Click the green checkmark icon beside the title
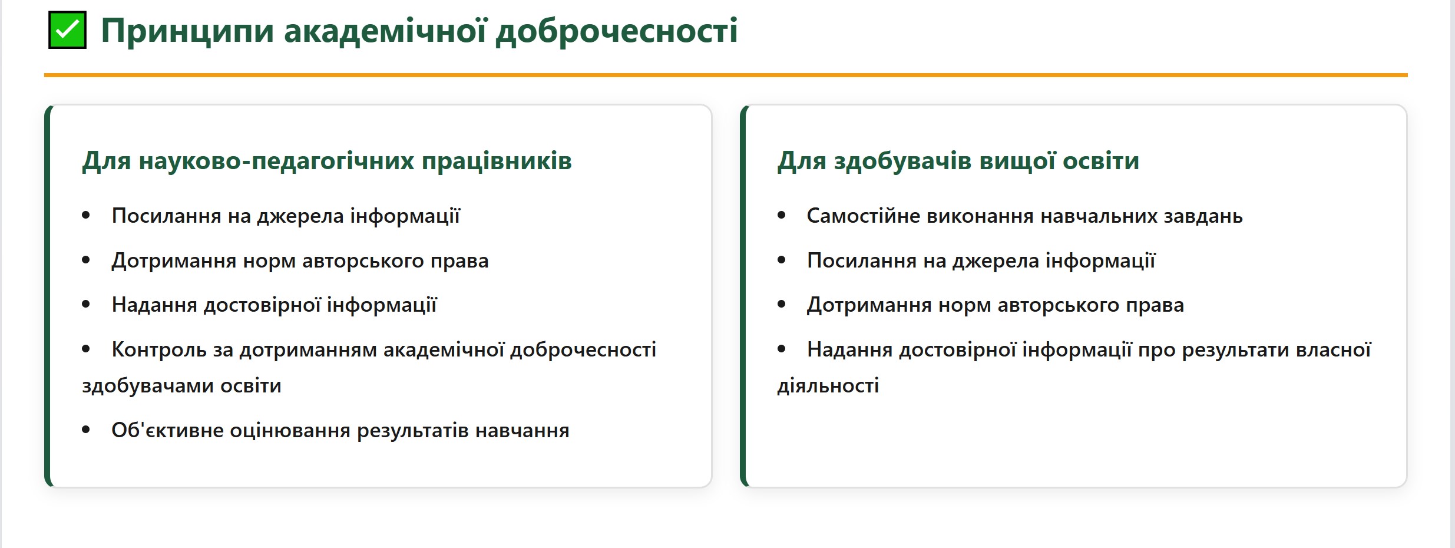67,30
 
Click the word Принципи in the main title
187,31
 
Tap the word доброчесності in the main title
617,31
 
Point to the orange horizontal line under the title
726,75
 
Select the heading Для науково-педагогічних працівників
327,161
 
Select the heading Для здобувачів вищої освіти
958,161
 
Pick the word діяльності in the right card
828,386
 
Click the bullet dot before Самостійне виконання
782,216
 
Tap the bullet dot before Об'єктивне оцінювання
86,430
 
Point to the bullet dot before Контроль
86,349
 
